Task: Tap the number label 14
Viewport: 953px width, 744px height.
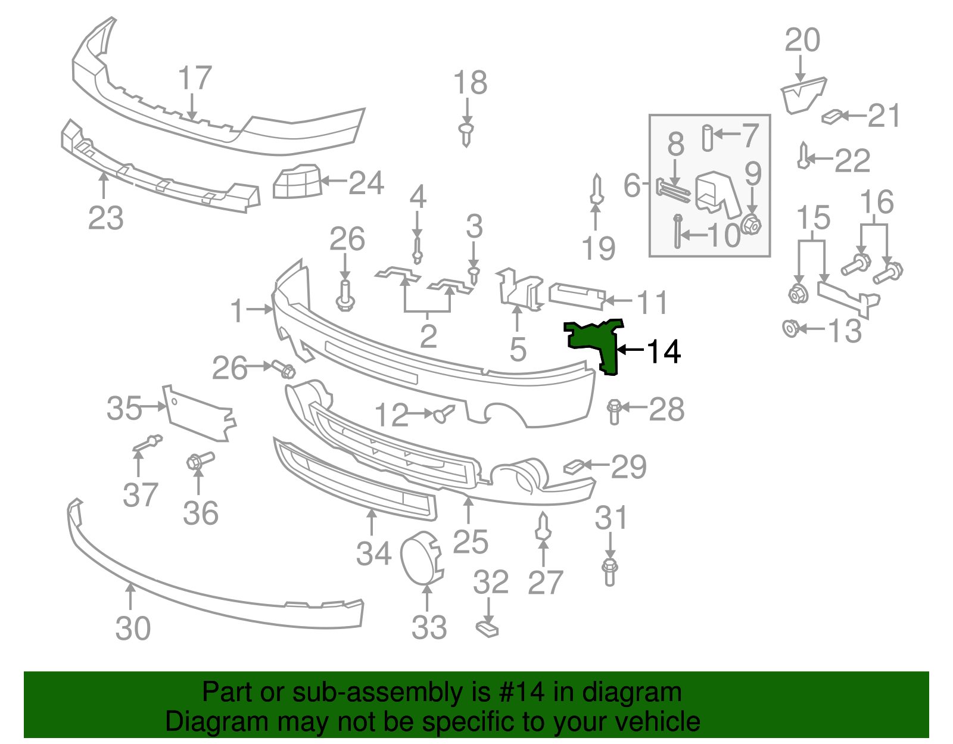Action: pos(664,351)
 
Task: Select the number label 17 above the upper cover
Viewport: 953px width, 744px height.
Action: pos(195,78)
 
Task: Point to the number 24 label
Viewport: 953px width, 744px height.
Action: pos(366,182)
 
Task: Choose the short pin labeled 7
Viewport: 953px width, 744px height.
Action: pos(707,138)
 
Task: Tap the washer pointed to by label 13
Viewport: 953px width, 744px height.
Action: pos(790,328)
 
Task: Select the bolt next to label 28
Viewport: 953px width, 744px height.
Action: pos(614,412)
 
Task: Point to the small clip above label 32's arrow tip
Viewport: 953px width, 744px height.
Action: pos(487,628)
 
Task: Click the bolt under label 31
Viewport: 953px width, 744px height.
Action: pos(609,571)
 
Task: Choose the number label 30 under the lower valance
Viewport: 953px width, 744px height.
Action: pos(133,628)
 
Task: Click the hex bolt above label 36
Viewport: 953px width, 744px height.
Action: pos(200,460)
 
